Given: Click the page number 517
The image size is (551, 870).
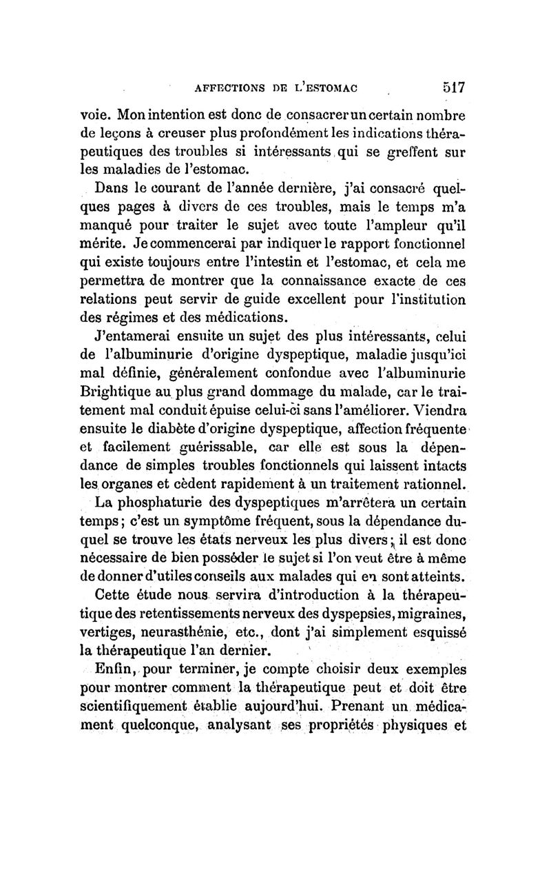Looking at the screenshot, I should [x=451, y=88].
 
